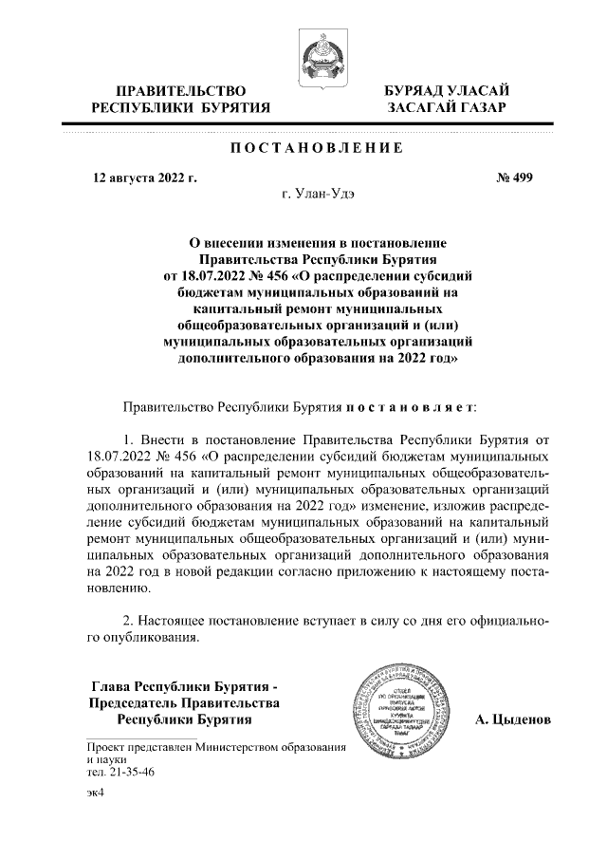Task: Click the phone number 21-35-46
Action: tap(122, 773)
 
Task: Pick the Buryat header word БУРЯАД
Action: tap(414, 91)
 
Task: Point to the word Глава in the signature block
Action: tap(110, 686)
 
